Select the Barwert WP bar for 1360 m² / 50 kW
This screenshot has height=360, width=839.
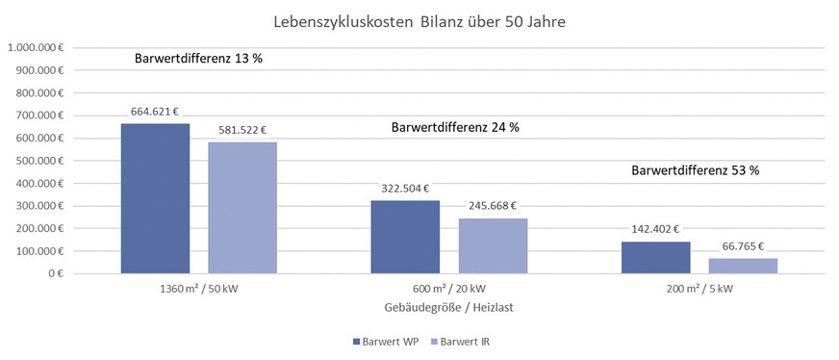[155, 198]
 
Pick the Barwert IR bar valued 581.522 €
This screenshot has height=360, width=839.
[242, 208]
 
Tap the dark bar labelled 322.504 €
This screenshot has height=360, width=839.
[405, 237]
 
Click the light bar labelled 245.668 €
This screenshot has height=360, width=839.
[493, 245]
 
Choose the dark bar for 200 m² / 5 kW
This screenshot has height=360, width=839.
[655, 257]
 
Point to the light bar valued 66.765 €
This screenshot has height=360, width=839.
[743, 266]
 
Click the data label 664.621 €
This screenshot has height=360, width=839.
[156, 112]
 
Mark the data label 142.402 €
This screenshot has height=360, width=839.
[656, 229]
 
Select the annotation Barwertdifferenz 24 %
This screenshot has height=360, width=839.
[454, 127]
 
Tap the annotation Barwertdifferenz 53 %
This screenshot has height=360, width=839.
[696, 171]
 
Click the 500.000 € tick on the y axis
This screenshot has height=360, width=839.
[38, 161]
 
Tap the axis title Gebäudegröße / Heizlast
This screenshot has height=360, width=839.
[449, 306]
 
